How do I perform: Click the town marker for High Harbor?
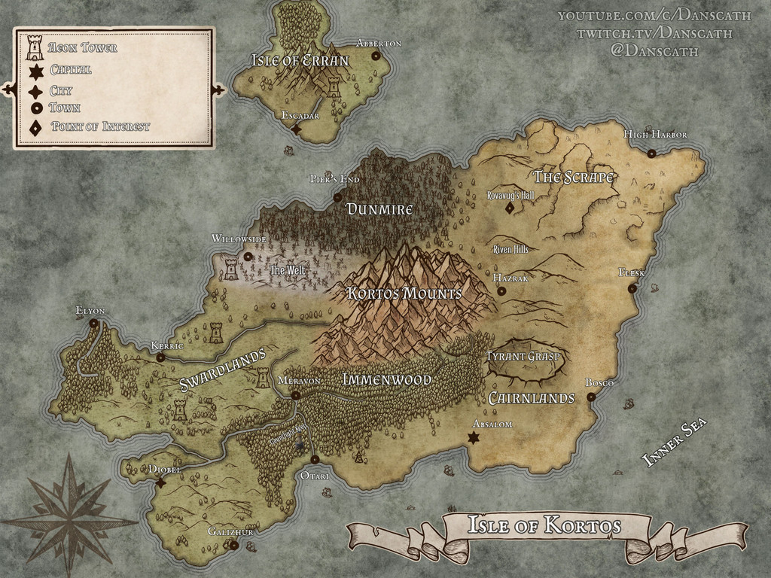tap(651, 154)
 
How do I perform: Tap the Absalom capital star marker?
tap(474, 438)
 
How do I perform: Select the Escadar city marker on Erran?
tap(296, 129)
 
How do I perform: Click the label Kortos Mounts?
tap(404, 293)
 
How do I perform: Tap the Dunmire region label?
tap(379, 208)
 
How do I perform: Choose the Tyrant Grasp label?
tap(523, 355)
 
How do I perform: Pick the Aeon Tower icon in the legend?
tap(35, 48)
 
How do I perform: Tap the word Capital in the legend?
tap(71, 70)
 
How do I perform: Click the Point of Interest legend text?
tap(100, 126)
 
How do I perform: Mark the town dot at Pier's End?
tap(337, 198)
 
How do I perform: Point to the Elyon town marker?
tap(94, 324)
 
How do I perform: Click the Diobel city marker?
tap(160, 482)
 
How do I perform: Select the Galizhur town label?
tap(230, 532)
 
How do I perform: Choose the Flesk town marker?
tap(632, 288)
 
